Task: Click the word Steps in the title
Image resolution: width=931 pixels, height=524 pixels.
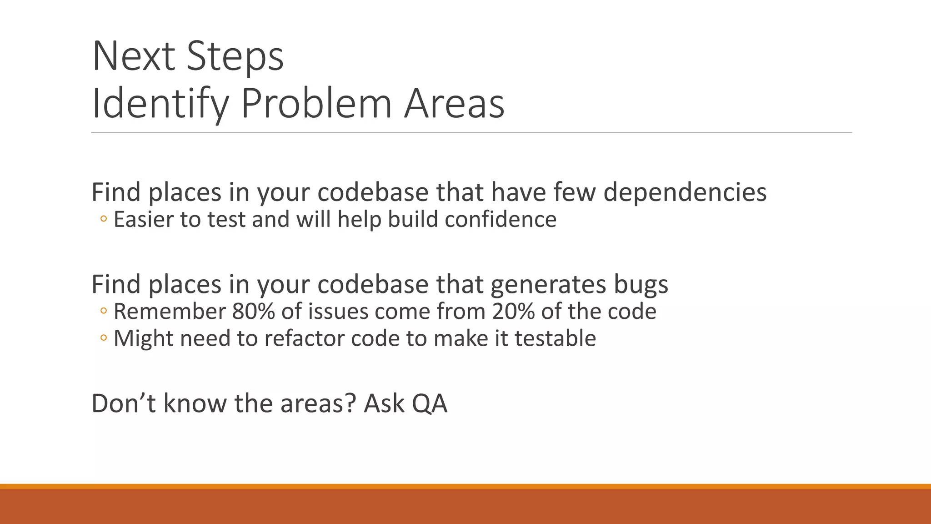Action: coord(235,57)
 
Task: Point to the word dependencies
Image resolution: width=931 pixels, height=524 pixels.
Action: coord(685,192)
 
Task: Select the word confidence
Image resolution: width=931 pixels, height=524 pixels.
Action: coord(501,219)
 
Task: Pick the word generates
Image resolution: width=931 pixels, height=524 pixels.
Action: coord(548,284)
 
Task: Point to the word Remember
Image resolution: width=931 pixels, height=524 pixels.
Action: coord(169,312)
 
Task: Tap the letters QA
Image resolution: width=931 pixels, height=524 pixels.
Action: coord(430,403)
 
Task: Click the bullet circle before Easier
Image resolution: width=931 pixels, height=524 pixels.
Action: coord(104,220)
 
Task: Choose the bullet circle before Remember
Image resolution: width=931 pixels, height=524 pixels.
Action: coord(104,312)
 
